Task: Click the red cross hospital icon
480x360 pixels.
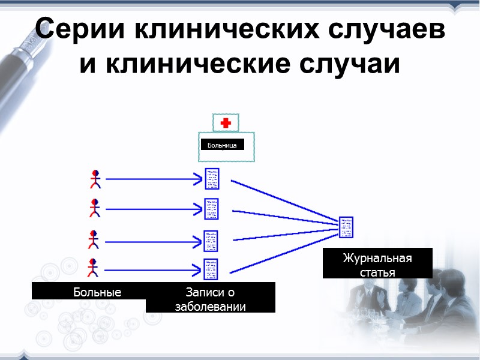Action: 226,123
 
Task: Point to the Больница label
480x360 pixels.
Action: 222,145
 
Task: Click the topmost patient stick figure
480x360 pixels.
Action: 94,179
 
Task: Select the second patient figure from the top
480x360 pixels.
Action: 94,208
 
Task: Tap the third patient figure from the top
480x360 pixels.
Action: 94,239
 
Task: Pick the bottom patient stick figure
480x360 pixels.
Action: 93,268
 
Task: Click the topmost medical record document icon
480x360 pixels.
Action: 212,179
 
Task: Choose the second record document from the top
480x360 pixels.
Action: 211,209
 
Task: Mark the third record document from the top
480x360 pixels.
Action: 211,241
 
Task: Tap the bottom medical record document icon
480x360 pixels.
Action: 211,269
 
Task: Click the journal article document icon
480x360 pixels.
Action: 346,227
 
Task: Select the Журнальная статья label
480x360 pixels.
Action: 377,264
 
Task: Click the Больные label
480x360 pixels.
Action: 97,292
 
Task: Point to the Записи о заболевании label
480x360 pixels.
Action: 210,298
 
